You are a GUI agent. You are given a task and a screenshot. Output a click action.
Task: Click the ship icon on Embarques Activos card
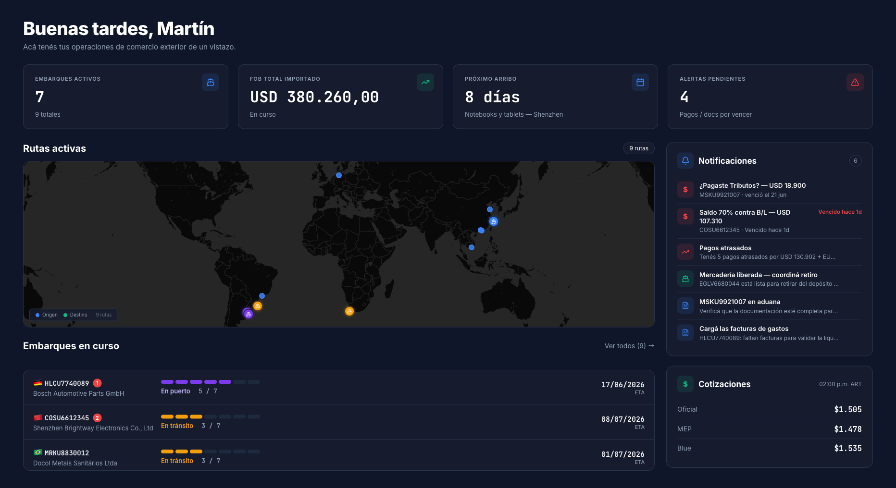tap(211, 82)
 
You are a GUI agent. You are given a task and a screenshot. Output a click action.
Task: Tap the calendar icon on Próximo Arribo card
tap(640, 82)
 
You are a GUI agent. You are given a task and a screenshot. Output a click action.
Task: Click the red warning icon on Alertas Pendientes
tap(855, 82)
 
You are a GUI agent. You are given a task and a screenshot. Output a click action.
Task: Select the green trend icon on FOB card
tap(425, 82)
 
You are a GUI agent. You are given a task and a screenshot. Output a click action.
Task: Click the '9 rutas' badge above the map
tap(639, 148)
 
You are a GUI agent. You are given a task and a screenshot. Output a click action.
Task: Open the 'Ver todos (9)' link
tap(629, 346)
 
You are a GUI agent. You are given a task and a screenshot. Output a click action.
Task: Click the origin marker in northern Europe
tap(339, 175)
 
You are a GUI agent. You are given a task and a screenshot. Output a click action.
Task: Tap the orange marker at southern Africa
tap(349, 311)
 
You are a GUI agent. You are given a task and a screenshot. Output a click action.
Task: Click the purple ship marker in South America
tap(248, 314)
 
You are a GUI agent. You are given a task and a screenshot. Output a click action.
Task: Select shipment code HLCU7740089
tap(67, 383)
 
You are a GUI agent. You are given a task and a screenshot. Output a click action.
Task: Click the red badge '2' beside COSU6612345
tap(97, 418)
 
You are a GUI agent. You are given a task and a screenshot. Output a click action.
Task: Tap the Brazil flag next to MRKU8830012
tap(38, 452)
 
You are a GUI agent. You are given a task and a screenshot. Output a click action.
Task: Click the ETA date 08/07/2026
tap(622, 419)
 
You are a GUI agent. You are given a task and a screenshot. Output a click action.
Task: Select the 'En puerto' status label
tap(175, 391)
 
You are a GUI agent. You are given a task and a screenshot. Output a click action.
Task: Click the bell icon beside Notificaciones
tap(685, 160)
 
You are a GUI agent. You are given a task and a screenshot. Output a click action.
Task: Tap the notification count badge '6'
tap(856, 161)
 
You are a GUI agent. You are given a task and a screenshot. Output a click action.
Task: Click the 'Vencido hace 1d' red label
tap(840, 212)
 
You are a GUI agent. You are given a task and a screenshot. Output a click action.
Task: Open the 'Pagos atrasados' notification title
tap(725, 248)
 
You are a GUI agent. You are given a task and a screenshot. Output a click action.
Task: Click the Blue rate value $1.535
tap(848, 448)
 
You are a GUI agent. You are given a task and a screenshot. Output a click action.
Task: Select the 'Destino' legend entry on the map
tap(75, 315)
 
